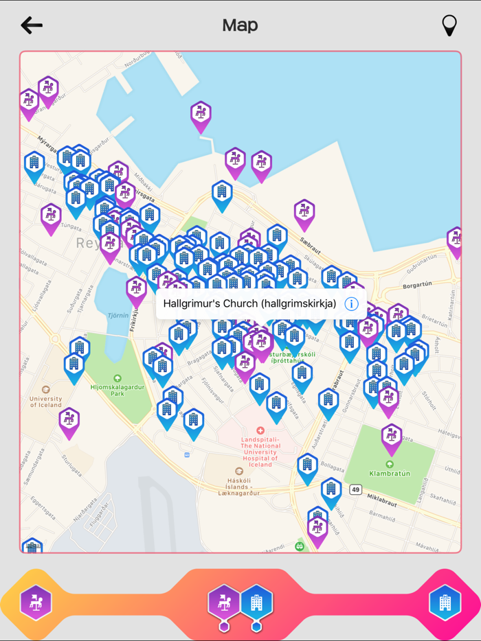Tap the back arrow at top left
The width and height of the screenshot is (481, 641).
coord(32,25)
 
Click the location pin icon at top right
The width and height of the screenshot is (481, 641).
coord(449,25)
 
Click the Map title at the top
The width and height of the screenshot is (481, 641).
coord(240,25)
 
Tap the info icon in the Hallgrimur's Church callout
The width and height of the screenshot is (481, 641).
coord(351,303)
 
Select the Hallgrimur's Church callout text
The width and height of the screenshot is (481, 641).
coord(249,303)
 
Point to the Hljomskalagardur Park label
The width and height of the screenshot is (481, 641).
coord(117,387)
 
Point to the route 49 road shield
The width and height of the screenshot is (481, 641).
coord(355,489)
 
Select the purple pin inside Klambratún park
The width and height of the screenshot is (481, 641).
coord(392,436)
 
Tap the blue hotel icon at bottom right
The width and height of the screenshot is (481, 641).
coord(445,603)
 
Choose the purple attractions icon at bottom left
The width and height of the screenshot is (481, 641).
coord(36,603)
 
